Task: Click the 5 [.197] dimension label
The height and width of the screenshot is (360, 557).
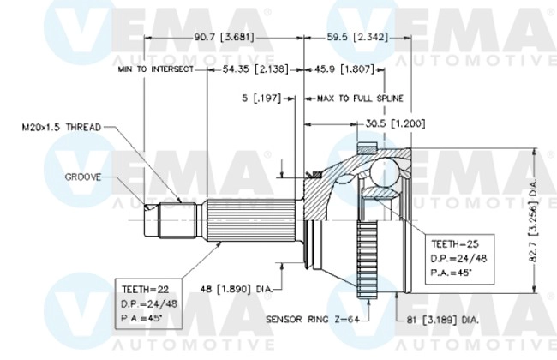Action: pos(261,99)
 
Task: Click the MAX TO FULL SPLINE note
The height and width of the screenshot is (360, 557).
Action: pos(360,99)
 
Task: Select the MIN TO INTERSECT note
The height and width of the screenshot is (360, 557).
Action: pos(155,69)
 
